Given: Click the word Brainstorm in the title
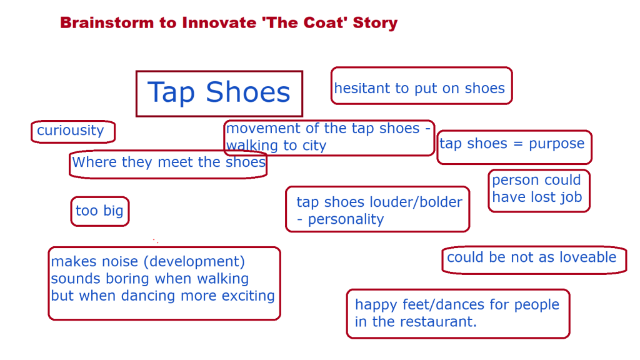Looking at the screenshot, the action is point(107,23).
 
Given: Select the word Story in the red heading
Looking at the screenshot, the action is point(375,23).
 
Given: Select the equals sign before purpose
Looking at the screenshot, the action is point(518,144).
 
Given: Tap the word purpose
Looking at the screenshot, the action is point(557,144).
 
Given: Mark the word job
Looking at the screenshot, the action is point(571,197).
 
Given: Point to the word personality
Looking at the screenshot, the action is point(346,219).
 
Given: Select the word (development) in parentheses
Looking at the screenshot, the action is point(194,262).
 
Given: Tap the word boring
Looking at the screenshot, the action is point(127,279).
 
